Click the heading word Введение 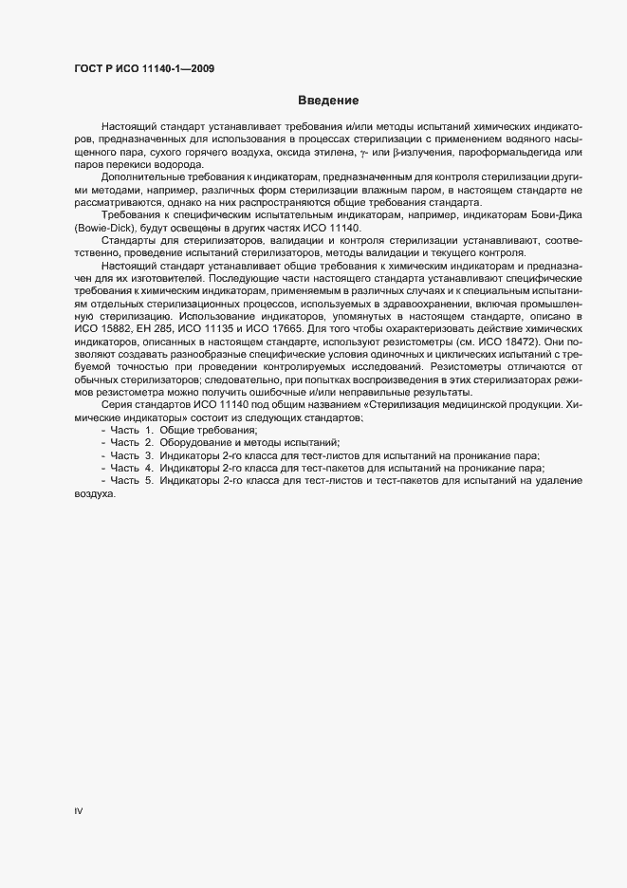pyautogui.click(x=327, y=101)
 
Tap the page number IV pyautogui.click(x=79, y=811)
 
